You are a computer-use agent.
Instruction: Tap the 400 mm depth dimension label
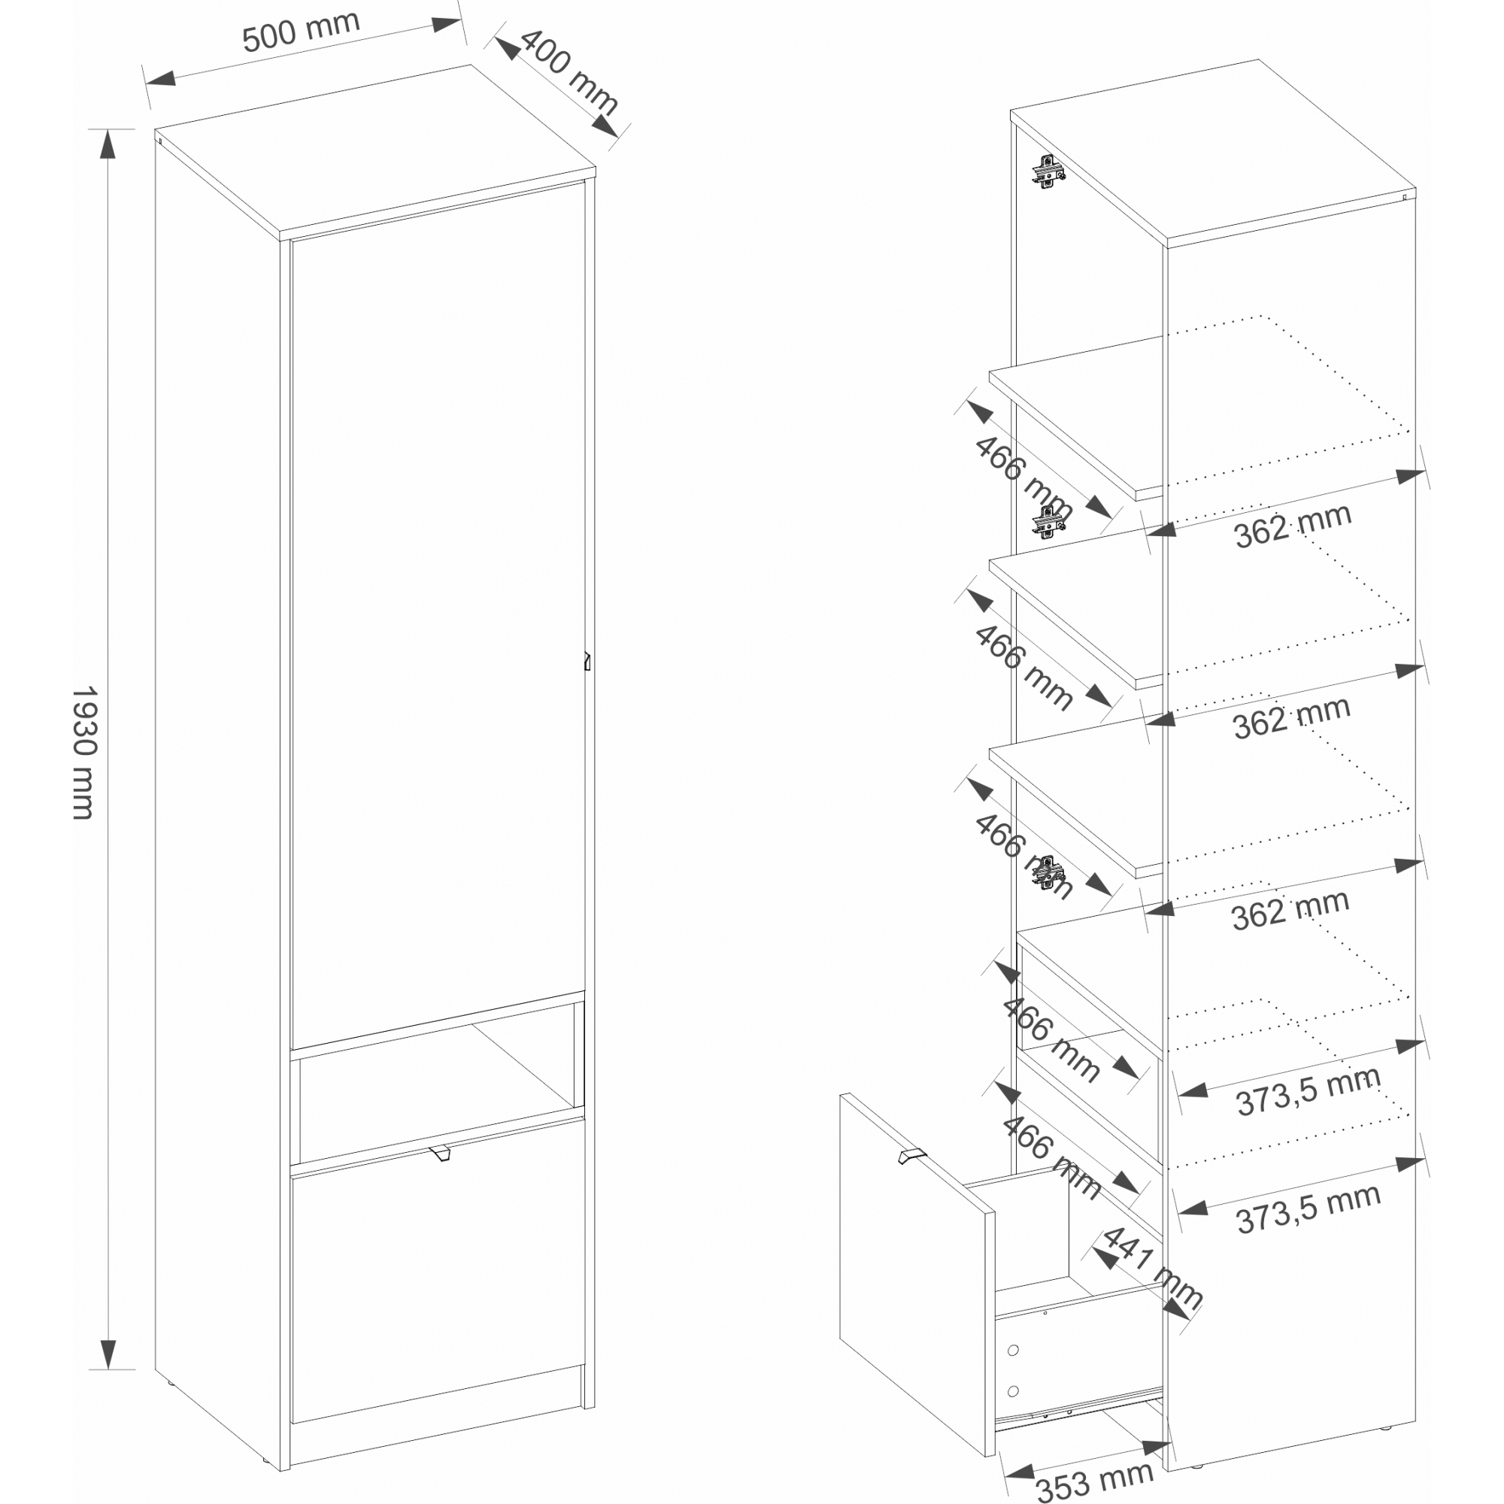569,71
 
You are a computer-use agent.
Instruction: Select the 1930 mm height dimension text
84,752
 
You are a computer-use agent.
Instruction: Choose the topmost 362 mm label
1292,526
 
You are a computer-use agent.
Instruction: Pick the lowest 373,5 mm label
1308,1209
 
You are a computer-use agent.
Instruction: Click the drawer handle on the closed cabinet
440,1153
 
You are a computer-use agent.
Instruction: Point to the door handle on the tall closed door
587,661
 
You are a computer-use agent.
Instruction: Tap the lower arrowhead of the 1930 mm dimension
108,1354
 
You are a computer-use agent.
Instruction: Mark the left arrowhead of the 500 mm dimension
160,78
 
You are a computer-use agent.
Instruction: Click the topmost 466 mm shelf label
1023,478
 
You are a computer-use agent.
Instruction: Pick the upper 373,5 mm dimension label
1308,1091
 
